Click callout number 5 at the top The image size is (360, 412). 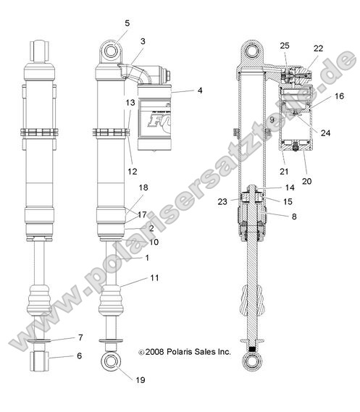(x=127, y=23)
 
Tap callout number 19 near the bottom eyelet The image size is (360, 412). (x=141, y=379)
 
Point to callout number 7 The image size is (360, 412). (x=80, y=337)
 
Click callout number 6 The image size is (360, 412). (x=80, y=356)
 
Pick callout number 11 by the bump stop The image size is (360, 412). (x=154, y=278)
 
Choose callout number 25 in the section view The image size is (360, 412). (x=284, y=46)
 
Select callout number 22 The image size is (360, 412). (x=319, y=48)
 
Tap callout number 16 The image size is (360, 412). (x=339, y=96)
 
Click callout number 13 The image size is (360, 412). (x=130, y=103)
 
